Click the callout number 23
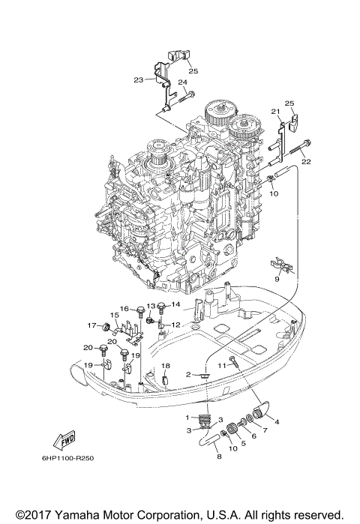click(139, 79)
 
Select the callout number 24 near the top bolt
click(182, 82)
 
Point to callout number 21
click(275, 112)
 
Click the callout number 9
click(277, 278)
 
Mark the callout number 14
click(175, 304)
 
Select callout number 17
click(91, 325)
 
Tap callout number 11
click(222, 364)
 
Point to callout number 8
click(219, 455)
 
